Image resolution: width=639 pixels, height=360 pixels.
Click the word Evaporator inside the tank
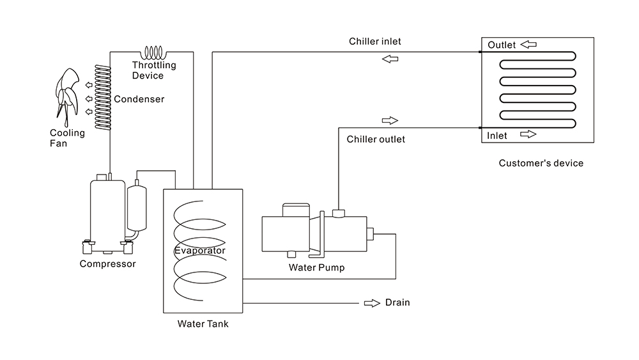point(199,251)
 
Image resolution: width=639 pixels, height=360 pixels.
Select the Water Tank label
point(203,324)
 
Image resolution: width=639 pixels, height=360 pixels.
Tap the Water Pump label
point(316,268)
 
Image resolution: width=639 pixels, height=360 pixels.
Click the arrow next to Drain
point(371,302)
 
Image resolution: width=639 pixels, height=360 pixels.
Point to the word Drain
point(397,302)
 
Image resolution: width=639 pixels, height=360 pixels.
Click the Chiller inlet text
point(375,42)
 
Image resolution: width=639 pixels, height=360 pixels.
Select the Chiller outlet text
point(376,139)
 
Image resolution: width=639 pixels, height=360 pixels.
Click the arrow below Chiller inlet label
point(390,59)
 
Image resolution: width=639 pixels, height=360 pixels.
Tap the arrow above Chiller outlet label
point(390,120)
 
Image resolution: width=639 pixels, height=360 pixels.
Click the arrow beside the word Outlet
point(528,45)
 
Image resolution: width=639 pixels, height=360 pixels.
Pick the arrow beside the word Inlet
point(528,134)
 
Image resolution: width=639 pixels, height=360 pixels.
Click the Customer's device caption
point(541,163)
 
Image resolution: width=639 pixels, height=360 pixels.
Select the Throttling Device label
point(154,70)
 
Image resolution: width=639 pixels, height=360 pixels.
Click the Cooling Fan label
point(67,138)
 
